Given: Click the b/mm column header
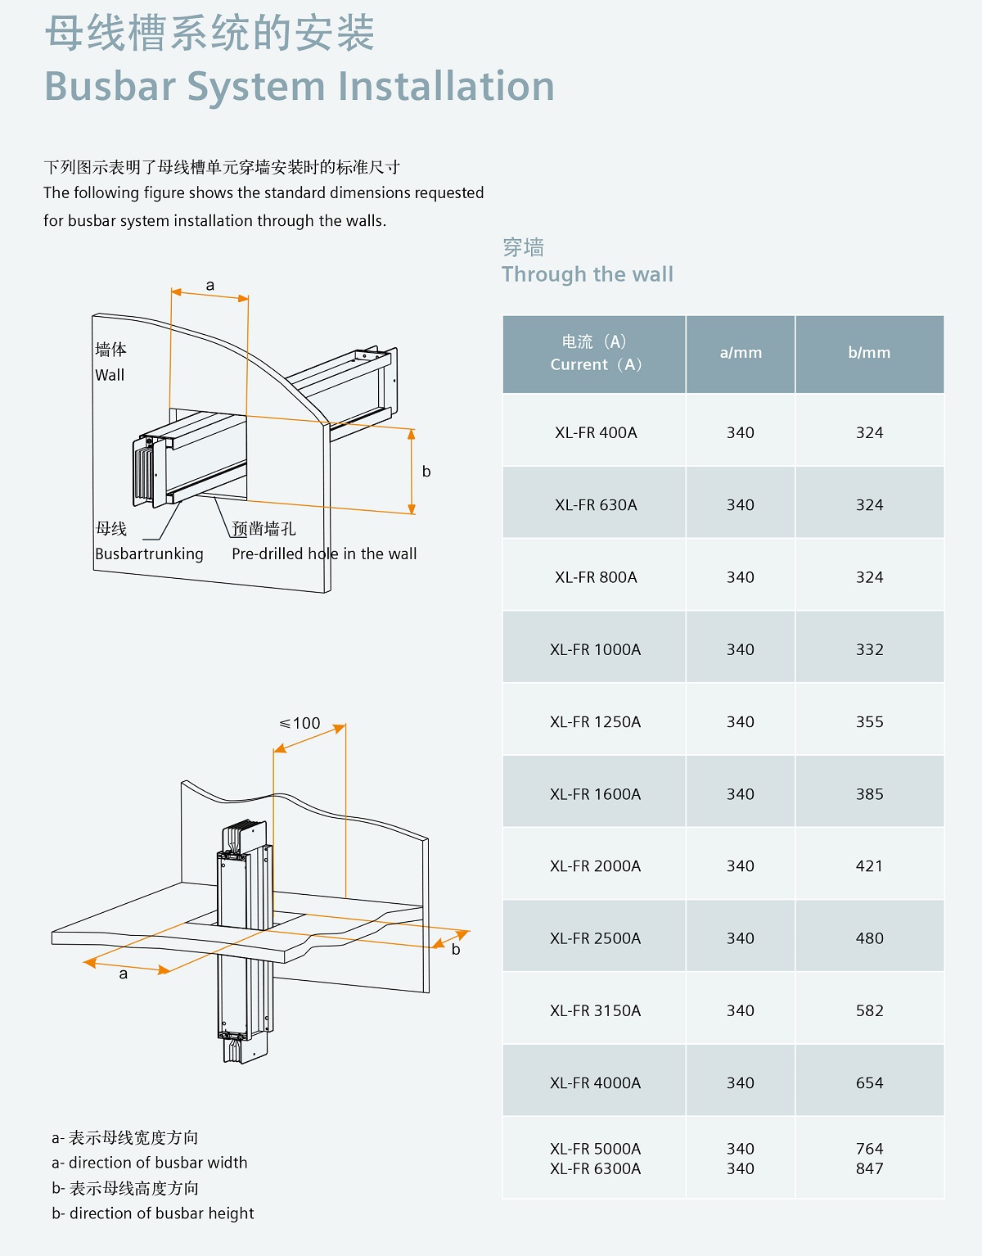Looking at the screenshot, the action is [869, 353].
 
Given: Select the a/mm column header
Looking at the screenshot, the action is [741, 353].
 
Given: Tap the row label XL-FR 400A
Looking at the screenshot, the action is [596, 432].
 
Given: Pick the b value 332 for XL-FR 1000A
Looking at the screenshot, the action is [869, 649].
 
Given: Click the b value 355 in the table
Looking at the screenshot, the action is [869, 721].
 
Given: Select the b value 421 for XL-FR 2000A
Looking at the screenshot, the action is [869, 865].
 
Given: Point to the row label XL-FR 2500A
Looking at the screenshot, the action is [596, 938].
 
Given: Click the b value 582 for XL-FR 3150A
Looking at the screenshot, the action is [869, 1010].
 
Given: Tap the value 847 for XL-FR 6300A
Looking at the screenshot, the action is [869, 1168].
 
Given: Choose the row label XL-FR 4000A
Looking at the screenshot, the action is [596, 1082].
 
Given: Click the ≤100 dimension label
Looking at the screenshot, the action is [300, 723].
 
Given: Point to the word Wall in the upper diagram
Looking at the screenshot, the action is [110, 375].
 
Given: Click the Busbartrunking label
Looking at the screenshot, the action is [149, 553].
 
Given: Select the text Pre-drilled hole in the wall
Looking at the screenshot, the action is [324, 553].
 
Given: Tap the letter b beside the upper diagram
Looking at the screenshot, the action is [426, 471].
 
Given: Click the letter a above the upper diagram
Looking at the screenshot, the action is [210, 285].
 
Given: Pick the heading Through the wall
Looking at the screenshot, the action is [588, 274].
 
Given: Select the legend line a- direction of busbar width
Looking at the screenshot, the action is [150, 1163].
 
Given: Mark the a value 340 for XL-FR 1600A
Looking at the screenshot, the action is [741, 793].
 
